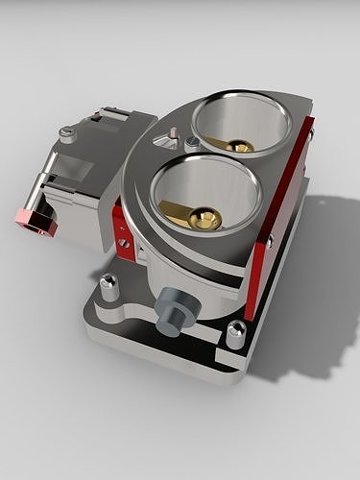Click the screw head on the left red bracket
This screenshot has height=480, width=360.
point(124,242)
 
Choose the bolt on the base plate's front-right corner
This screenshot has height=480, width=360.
point(235,333)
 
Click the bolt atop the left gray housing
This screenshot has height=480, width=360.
point(66,135)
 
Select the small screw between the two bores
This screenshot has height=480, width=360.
point(192,142)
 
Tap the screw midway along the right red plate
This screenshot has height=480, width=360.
point(270,241)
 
